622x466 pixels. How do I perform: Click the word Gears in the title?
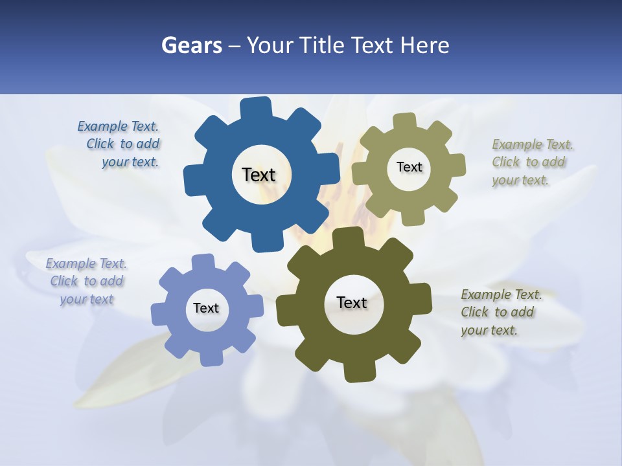point(192,45)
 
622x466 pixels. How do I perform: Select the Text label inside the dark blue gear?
point(259,175)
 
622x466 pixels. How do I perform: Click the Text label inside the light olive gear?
point(409,167)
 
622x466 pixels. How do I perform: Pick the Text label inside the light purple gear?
point(206,308)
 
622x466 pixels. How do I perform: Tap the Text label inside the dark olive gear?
point(352,302)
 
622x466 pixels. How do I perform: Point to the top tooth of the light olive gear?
point(404,122)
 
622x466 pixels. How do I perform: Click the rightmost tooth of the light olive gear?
point(457,165)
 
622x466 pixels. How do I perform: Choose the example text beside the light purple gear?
point(86,282)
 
